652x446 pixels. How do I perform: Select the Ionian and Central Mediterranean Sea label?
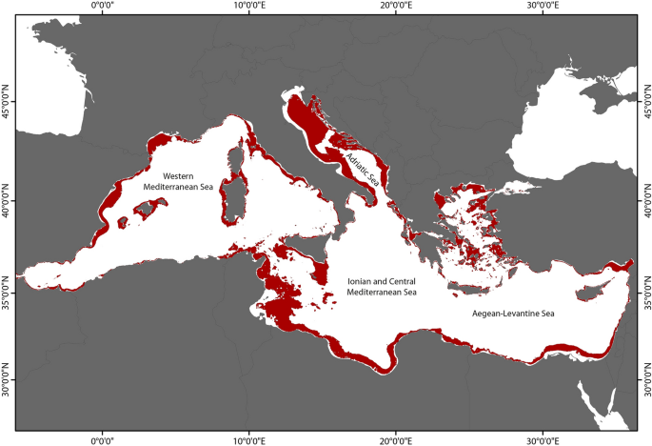(382, 286)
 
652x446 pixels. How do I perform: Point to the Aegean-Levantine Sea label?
(514, 312)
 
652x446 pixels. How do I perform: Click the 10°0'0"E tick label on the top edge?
(248, 6)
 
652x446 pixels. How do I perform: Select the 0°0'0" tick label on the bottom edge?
(102, 440)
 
